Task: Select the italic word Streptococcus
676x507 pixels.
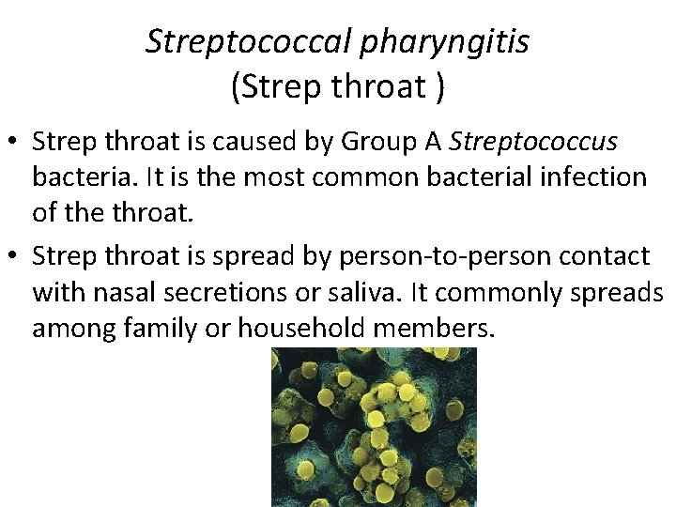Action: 533,141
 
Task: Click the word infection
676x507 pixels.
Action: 590,177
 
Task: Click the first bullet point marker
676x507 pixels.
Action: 14,142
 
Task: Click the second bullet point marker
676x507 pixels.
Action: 14,255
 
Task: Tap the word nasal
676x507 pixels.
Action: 128,292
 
